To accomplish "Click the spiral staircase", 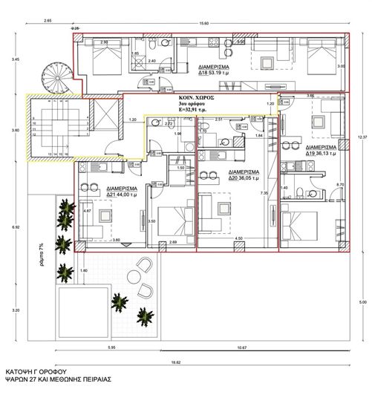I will click(x=59, y=77).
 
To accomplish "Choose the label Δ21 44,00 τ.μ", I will click(x=122, y=193).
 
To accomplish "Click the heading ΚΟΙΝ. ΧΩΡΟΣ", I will click(x=197, y=97).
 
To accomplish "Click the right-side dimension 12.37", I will click(x=362, y=137).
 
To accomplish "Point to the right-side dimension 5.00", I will click(x=362, y=302).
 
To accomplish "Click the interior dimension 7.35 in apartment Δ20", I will click(x=264, y=193).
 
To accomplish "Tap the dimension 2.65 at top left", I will click(x=48, y=22).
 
